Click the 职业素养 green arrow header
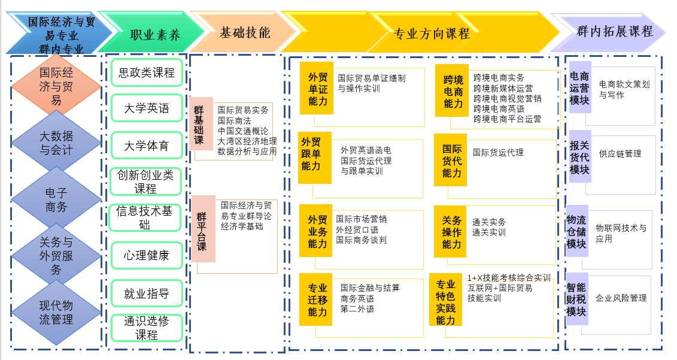[154, 34]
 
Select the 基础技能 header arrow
[244, 32]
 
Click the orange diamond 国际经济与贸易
[56, 86]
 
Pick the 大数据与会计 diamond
[56, 143]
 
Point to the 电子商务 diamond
[56, 199]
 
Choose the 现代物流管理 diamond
[56, 311]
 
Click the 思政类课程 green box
[146, 72]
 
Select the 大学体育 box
[146, 146]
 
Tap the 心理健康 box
[146, 255]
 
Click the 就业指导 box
[146, 294]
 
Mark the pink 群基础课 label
[200, 124]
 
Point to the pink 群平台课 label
[202, 228]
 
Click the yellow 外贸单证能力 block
[317, 88]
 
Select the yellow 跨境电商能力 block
[453, 90]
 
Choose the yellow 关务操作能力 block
[451, 232]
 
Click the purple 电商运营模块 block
[579, 87]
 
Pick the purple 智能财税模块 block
[576, 300]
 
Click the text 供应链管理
[620, 154]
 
